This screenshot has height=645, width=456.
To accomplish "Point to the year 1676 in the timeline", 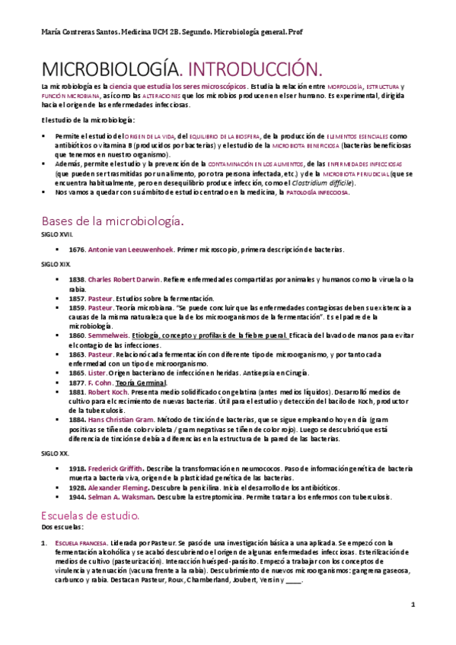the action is click(x=77, y=249).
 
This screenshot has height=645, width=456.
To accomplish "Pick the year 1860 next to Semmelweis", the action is click(x=77, y=335).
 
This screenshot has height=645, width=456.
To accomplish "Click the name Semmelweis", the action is click(x=108, y=335).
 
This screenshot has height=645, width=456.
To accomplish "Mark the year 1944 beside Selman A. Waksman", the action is click(x=77, y=497).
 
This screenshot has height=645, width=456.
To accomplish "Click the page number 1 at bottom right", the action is click(x=412, y=605).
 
